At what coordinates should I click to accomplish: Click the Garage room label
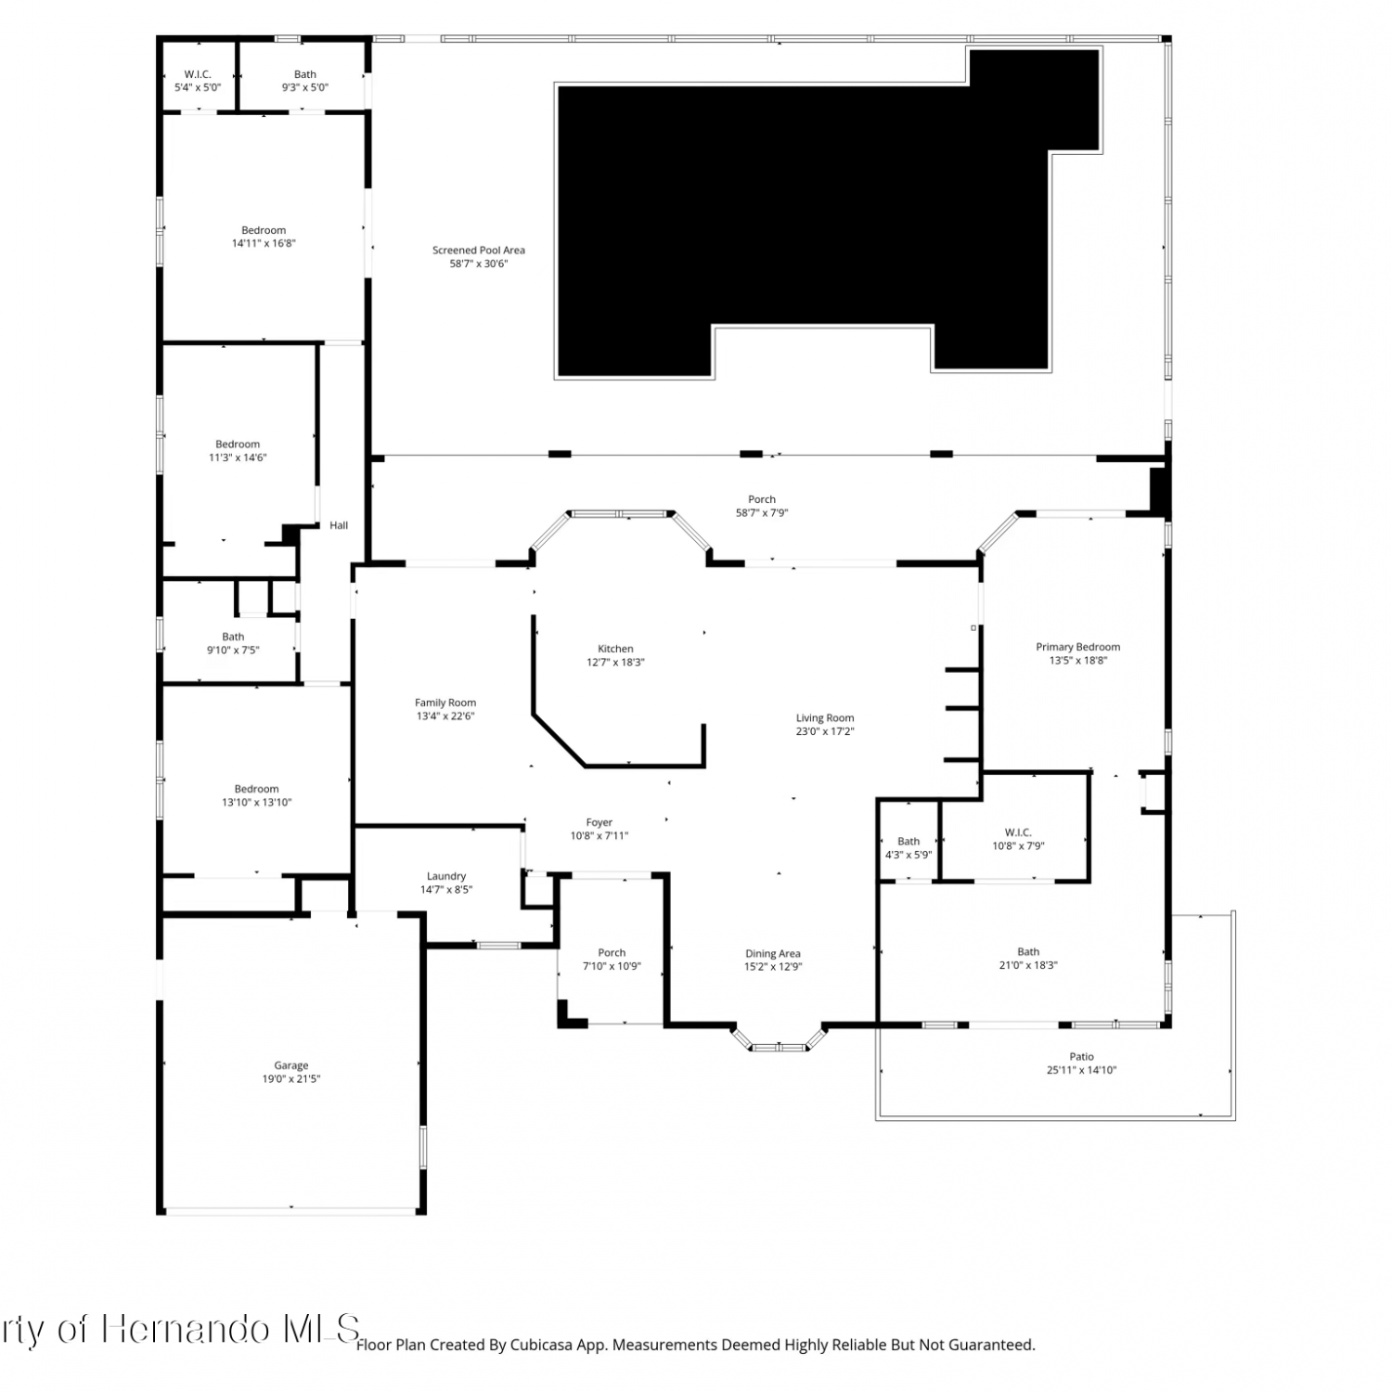point(290,1065)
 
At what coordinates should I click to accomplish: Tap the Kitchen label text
point(615,649)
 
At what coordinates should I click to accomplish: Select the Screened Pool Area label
point(479,250)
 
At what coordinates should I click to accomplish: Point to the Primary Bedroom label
point(1078,647)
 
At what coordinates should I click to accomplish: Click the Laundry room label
point(446,876)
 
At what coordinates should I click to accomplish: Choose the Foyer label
point(599,822)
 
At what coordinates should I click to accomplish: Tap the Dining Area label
point(773,953)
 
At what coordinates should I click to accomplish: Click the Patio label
point(1081,1056)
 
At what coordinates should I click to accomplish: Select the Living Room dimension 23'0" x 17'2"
point(825,731)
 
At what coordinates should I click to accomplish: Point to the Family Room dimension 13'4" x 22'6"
point(445,716)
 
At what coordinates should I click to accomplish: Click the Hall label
point(339,525)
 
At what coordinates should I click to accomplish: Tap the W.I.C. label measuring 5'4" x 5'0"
point(198,74)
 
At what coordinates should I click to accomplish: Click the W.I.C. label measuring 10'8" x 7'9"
point(1018,832)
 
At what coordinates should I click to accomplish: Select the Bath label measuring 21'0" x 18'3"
point(1028,951)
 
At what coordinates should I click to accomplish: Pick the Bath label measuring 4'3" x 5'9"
point(909,842)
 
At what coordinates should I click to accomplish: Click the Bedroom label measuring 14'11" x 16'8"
point(264,230)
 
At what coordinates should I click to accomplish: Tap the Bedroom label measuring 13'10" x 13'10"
point(256,789)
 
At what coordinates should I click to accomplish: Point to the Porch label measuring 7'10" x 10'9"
point(612,952)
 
